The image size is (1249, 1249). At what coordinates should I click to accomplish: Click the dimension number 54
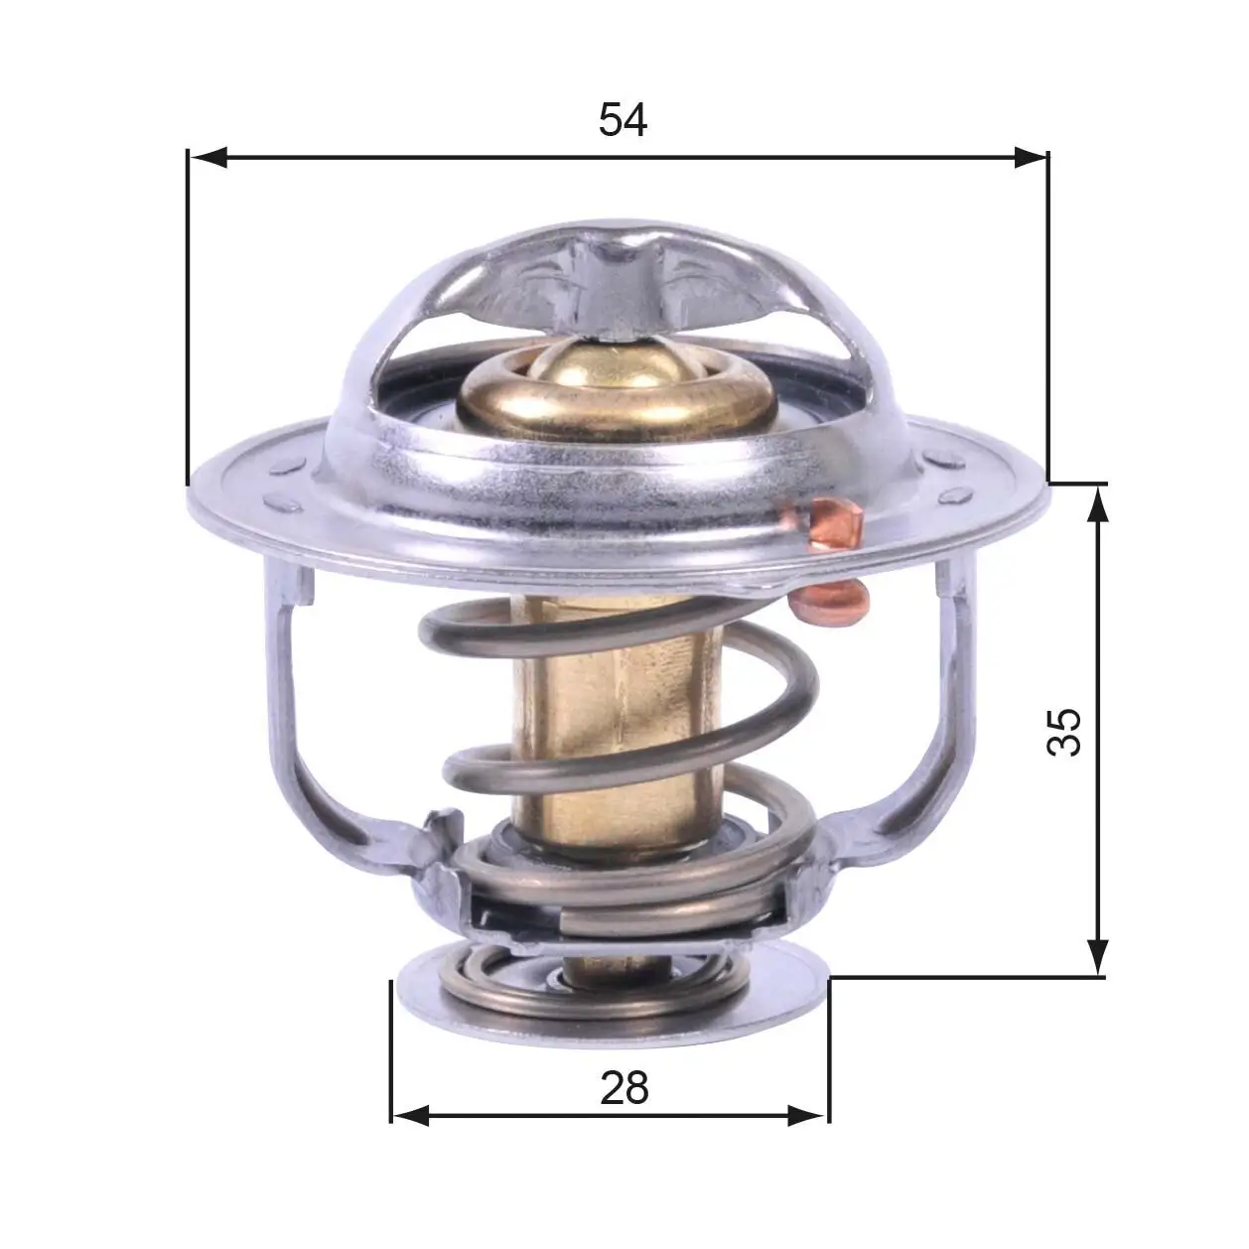tap(623, 120)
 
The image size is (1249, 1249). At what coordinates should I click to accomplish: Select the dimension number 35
tap(1064, 732)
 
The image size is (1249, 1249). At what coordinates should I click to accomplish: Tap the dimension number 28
tap(624, 1088)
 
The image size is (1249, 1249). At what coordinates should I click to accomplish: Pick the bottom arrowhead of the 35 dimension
tap(1097, 958)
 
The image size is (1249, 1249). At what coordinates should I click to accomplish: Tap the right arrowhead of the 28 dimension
tap(808, 1115)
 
